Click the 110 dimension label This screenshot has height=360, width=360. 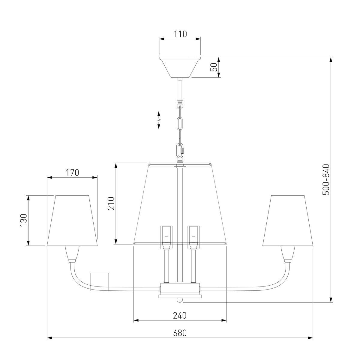(x=180, y=34)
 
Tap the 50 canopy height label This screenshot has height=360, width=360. (x=214, y=67)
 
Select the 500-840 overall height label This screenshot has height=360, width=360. (x=326, y=180)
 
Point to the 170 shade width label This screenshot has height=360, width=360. (x=72, y=172)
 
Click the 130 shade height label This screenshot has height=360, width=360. (x=24, y=220)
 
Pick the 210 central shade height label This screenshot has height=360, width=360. (x=111, y=203)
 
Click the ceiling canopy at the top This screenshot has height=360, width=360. (x=180, y=67)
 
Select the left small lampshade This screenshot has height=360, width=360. (x=72, y=220)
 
